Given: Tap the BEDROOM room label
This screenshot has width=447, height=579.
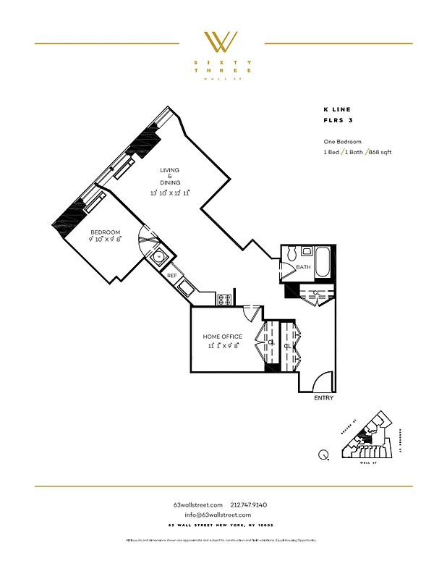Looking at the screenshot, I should (x=105, y=232).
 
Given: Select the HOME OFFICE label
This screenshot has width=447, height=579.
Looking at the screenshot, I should (x=222, y=337).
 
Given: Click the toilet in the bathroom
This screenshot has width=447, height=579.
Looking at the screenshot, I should (x=291, y=254).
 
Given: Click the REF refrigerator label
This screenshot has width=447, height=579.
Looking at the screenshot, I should (x=172, y=276).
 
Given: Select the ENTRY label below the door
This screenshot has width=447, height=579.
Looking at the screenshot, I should (x=323, y=398).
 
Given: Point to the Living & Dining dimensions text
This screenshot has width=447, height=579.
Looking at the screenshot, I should (x=170, y=193).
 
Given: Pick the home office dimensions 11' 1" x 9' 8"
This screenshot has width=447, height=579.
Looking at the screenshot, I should (x=222, y=346).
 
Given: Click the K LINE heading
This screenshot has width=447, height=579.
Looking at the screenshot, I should (x=336, y=109).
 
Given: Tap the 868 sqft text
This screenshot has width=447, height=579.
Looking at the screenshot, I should (x=380, y=152).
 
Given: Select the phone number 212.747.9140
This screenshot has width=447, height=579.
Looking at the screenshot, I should (x=249, y=504).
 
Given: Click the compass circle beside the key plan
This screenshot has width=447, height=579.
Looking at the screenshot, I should (x=323, y=455).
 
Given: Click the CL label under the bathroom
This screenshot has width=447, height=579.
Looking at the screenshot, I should (x=317, y=292).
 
